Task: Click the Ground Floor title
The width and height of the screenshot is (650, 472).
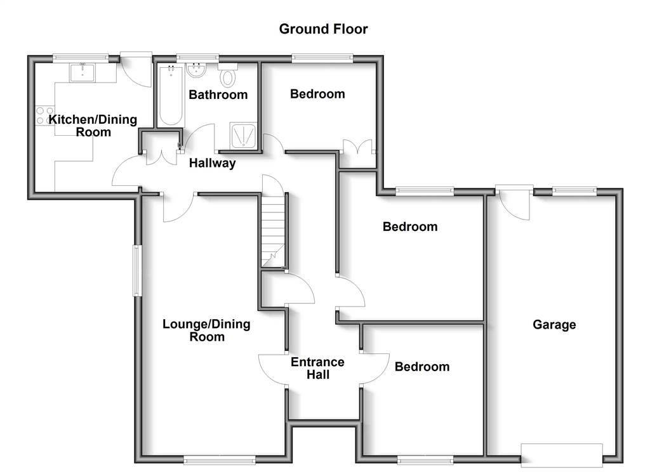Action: click(x=323, y=29)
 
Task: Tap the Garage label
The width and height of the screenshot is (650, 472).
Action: click(x=554, y=324)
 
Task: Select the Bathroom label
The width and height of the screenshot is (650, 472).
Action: click(x=218, y=95)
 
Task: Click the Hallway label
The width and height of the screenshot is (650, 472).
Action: click(x=212, y=163)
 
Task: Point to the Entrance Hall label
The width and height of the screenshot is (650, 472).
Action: click(x=317, y=368)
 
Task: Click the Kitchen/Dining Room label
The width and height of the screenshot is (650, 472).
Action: click(x=93, y=126)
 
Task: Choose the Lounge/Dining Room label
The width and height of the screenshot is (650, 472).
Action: click(x=206, y=331)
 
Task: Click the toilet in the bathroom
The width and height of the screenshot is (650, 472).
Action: click(x=228, y=75)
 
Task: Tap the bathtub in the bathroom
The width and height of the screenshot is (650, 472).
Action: click(x=171, y=95)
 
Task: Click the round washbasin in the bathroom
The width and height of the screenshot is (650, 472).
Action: click(x=196, y=70)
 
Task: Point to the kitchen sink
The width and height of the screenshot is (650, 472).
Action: click(x=83, y=72)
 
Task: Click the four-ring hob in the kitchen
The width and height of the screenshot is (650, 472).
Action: click(x=45, y=115)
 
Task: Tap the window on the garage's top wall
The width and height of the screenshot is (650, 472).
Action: click(x=574, y=191)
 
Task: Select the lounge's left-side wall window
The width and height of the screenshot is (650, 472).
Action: click(x=138, y=271)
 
